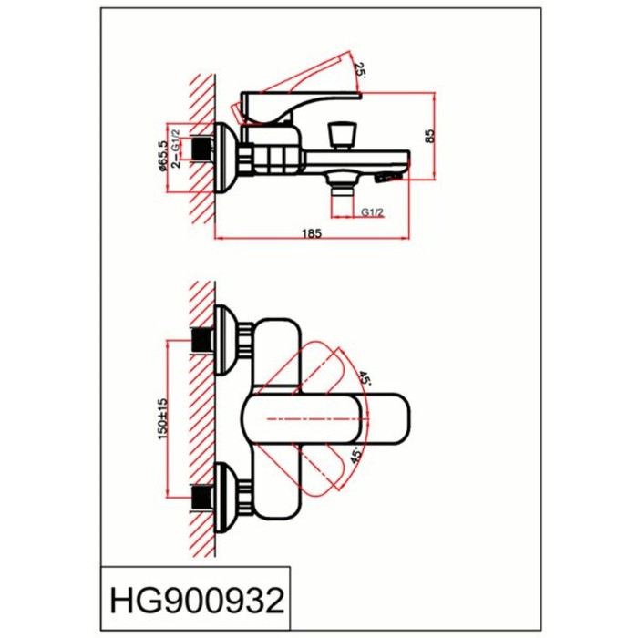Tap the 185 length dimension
(311, 233)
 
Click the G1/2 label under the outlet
(370, 211)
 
